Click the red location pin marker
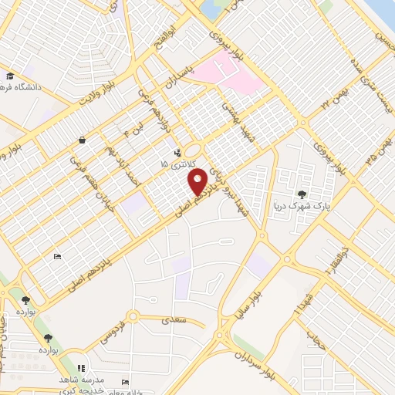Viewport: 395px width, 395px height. [x=198, y=182]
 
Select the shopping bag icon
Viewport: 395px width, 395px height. [x=82, y=140]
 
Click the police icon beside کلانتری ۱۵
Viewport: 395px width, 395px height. [x=179, y=152]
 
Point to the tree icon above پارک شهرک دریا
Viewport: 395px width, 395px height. [x=301, y=194]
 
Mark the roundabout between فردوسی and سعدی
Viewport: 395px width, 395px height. [x=133, y=316]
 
